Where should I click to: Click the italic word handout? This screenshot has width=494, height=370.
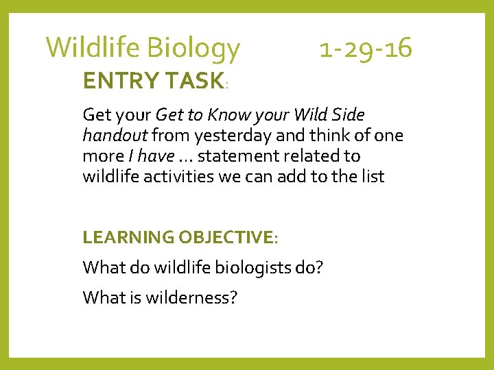click(115, 135)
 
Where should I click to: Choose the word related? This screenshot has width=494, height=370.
click(322, 156)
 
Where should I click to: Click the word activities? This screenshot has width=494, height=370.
click(178, 176)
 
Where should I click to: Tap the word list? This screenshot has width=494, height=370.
click(371, 176)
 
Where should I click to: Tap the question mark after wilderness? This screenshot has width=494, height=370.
click(233, 297)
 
